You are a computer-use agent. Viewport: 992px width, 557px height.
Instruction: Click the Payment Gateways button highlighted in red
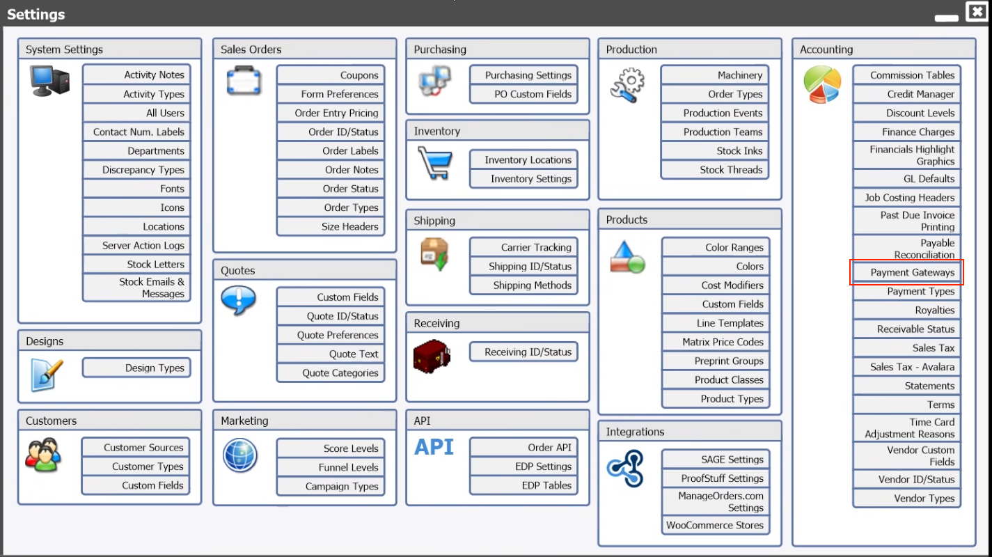pos(906,272)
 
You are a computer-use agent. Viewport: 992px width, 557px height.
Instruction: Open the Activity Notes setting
pos(136,74)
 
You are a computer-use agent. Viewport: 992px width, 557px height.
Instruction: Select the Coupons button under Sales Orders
pos(331,75)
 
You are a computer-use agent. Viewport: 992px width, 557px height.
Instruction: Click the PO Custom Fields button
pos(523,94)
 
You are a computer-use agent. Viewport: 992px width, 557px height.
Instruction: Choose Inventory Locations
pos(523,160)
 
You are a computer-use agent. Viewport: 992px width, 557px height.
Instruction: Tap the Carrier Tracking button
pos(523,247)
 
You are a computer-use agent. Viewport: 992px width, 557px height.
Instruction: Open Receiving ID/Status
pos(523,352)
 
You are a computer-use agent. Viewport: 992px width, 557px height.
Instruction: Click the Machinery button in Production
pos(714,75)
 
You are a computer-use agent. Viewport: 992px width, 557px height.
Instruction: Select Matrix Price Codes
pos(715,342)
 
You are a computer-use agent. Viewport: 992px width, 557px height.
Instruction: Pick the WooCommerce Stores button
pos(715,525)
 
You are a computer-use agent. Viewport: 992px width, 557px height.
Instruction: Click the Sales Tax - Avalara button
pos(906,367)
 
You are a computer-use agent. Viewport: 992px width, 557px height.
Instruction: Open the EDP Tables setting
pos(523,485)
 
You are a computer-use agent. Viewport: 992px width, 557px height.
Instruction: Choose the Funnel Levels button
pos(331,467)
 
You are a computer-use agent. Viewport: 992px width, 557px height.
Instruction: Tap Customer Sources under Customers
pos(136,448)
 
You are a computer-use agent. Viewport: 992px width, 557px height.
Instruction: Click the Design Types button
pos(136,368)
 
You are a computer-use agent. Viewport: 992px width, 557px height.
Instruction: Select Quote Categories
pos(331,372)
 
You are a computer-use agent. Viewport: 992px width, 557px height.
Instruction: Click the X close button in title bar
pos(977,11)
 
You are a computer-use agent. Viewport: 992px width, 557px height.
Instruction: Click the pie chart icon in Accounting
pos(822,84)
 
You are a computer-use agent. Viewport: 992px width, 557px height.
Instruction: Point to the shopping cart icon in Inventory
pos(435,163)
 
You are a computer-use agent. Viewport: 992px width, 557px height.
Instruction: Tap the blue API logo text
pos(434,447)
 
